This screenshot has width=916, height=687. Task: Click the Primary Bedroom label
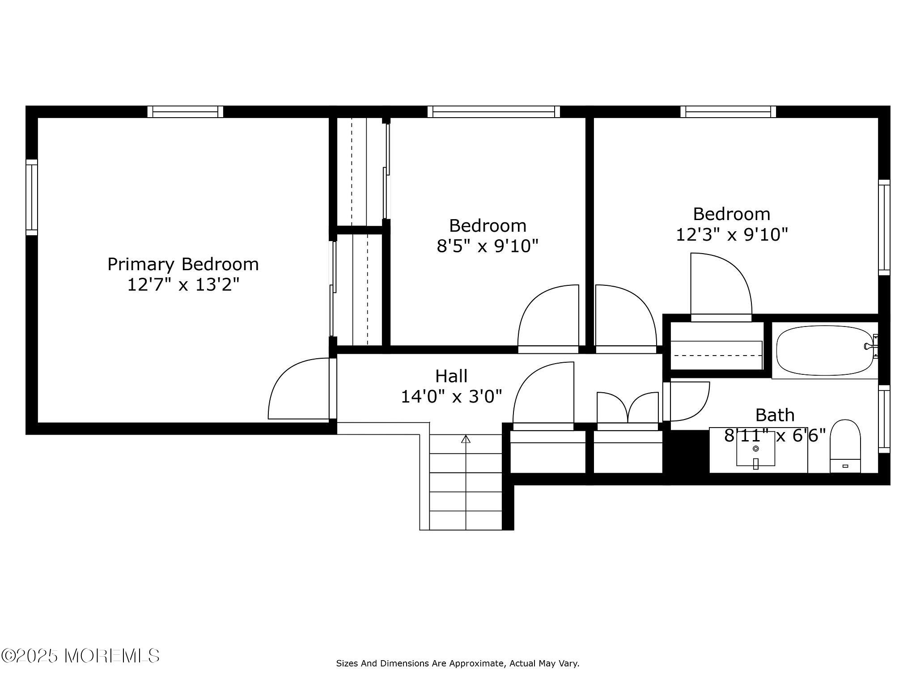tap(183, 264)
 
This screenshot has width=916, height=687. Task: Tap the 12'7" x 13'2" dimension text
tap(183, 284)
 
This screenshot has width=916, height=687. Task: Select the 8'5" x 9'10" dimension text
tap(487, 246)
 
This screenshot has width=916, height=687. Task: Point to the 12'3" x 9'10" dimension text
tap(731, 234)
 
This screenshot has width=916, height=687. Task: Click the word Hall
tap(451, 376)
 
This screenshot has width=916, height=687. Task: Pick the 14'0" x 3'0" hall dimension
tap(451, 396)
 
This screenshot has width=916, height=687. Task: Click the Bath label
tap(775, 415)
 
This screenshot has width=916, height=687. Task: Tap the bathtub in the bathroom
tap(824, 350)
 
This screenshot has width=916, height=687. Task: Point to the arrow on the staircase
tap(466, 439)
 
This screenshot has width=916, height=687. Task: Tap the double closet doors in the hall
tap(628, 408)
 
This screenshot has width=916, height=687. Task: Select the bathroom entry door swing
tap(688, 401)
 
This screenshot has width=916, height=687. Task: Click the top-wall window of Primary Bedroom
tap(185, 111)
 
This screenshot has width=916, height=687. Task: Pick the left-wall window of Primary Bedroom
tap(31, 197)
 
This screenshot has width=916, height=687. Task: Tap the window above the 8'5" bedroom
tap(493, 111)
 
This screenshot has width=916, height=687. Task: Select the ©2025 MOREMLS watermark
tap(81, 656)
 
